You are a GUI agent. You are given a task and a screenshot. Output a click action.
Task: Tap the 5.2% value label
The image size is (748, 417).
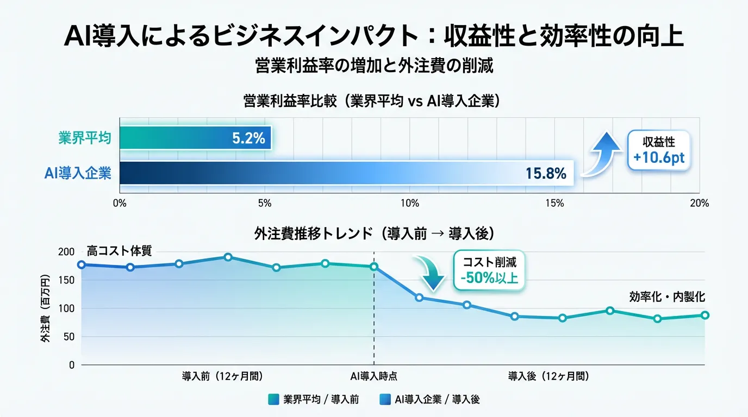pos(248,138)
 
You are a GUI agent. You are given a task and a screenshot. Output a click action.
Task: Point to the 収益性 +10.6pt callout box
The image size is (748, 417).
pos(659,150)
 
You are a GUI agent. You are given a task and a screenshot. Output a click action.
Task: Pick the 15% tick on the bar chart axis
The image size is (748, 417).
pos(554,204)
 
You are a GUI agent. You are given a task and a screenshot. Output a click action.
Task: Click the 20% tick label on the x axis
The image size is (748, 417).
pos(699,204)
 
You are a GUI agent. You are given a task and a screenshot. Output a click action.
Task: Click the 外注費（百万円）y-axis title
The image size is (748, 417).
pos(45,309)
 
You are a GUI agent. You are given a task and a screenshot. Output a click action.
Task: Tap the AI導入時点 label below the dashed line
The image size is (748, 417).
pos(373,376)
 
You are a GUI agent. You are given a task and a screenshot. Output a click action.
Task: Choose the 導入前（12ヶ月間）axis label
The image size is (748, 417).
pos(223,376)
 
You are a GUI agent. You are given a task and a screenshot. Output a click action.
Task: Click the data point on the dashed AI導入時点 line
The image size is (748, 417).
pos(374,267)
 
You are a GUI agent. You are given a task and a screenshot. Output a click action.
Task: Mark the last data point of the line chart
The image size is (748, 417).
pos(705,315)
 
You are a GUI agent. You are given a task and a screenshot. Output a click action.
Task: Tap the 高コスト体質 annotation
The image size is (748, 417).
pos(119,251)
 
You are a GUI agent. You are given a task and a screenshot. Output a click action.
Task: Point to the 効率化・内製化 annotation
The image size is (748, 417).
pos(667,297)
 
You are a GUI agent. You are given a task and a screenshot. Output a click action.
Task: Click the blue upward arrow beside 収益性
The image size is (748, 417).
pos(602,154)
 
